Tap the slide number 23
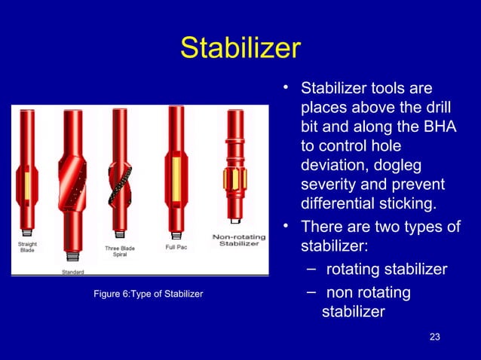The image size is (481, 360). click(434, 337)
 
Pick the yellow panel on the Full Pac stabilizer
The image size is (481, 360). click(176, 179)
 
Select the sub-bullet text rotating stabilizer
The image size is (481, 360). click(386, 270)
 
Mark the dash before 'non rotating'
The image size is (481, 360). click(311, 292)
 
